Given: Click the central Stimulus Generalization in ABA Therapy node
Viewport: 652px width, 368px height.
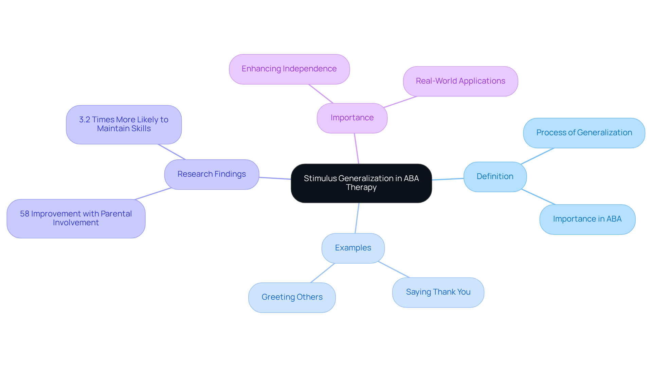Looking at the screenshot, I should [361, 183].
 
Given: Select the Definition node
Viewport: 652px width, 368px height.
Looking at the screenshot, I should [495, 177].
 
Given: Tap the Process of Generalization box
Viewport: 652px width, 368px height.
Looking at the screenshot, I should [584, 133].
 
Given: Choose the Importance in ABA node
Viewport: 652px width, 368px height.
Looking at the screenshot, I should [587, 219].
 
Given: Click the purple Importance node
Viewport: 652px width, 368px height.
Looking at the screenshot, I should [352, 118].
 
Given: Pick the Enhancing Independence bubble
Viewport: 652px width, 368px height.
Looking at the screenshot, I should [289, 69].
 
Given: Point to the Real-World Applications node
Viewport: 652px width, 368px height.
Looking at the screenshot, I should [460, 81].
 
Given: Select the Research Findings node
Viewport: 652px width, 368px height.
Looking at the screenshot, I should [212, 174].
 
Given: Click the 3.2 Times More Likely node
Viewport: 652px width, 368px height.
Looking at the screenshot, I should [124, 124].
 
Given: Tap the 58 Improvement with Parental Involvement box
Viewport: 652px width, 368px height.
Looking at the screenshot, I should [76, 218].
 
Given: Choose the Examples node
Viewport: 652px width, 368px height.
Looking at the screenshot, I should [353, 248].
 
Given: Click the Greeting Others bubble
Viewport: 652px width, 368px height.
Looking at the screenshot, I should [292, 297].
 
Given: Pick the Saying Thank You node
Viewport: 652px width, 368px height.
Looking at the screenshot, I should [438, 292].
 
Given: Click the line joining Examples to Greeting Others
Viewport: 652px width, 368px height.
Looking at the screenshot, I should [323, 273].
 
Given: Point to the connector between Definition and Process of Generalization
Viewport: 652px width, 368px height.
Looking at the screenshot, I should [537, 156].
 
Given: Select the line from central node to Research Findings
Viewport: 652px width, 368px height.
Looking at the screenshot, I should [275, 178].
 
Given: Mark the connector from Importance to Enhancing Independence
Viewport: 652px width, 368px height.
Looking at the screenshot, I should [321, 94].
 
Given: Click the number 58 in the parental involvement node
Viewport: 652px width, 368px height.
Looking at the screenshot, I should [24, 214].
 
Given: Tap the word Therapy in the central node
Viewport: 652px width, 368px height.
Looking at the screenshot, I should [361, 188].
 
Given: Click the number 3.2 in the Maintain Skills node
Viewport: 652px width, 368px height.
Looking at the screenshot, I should [85, 120].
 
